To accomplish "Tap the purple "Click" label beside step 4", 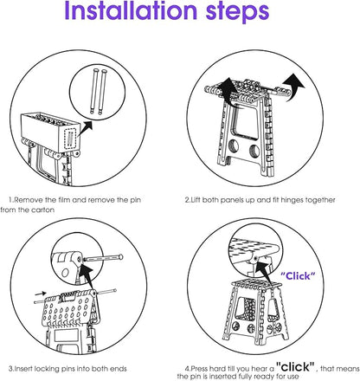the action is [x=298, y=276].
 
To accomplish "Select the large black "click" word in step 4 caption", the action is [x=295, y=366].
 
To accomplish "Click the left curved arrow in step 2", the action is [x=227, y=89].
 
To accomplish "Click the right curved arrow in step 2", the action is [x=293, y=86].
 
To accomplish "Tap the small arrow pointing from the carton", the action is [x=86, y=128].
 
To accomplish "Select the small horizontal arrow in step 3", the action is [x=41, y=294].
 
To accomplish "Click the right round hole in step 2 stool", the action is [x=254, y=151].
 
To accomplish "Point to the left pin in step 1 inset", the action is [x=93, y=91].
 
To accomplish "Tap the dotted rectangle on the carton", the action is [x=70, y=139].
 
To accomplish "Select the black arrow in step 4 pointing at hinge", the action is [x=264, y=273].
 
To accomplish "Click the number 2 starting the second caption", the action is [x=187, y=200].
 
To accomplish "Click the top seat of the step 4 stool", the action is [x=256, y=283].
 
